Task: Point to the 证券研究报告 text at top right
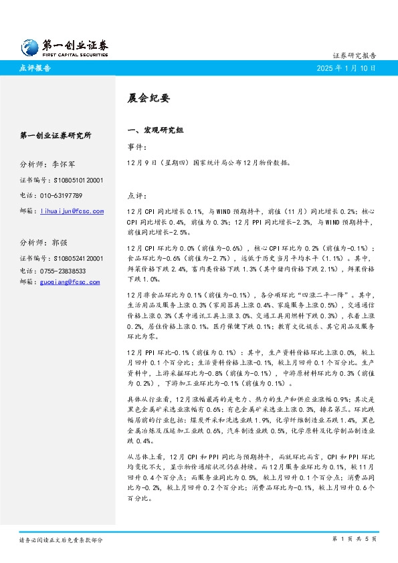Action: point(354,55)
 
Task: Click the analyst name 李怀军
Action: point(63,163)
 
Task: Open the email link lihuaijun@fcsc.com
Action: point(72,211)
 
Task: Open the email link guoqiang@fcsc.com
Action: point(70,282)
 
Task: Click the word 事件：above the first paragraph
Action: point(136,146)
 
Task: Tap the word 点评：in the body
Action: point(136,197)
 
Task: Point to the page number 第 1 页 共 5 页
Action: point(355,538)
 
